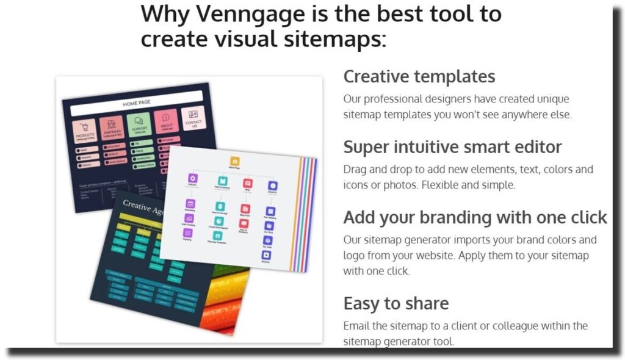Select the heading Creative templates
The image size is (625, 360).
click(x=419, y=77)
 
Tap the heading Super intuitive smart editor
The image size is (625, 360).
click(x=452, y=147)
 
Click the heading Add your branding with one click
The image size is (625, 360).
click(x=475, y=218)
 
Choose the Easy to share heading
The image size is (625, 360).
click(x=396, y=303)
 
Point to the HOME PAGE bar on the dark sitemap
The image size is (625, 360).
click(x=136, y=103)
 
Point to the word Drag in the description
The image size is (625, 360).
click(x=355, y=169)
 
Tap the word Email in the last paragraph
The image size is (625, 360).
click(x=356, y=326)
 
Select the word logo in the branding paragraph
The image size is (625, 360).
click(x=353, y=256)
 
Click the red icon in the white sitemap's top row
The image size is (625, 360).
click(x=247, y=182)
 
